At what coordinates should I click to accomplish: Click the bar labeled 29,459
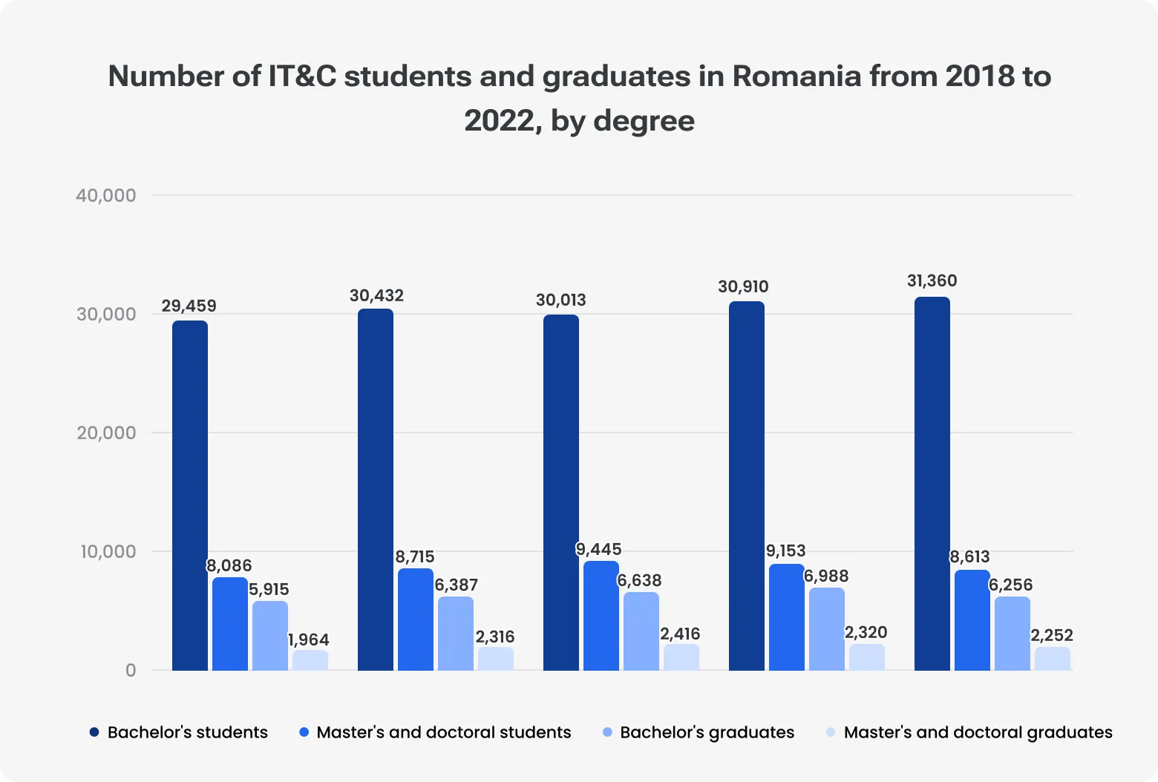(x=190, y=496)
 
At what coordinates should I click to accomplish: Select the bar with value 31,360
(x=932, y=484)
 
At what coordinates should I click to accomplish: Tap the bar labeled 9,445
(x=601, y=616)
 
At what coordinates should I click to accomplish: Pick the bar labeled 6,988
(x=827, y=629)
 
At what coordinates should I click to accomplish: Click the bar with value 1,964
(x=310, y=660)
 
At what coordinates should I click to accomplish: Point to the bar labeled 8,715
(x=416, y=620)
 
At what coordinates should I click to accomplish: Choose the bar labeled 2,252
(x=1053, y=659)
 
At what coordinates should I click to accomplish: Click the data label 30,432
(x=376, y=295)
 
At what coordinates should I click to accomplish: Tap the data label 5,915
(x=269, y=589)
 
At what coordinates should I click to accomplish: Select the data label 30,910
(x=743, y=286)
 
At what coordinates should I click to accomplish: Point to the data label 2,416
(x=680, y=634)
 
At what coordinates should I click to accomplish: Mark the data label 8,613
(x=969, y=556)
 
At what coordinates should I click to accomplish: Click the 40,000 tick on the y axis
(x=106, y=195)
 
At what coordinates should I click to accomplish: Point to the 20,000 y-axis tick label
(x=106, y=433)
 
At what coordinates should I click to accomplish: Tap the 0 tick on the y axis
(x=131, y=670)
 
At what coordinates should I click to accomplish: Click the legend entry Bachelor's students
(x=187, y=732)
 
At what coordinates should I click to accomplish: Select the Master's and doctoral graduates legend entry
(x=978, y=732)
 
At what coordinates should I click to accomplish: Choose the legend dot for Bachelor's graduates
(x=607, y=732)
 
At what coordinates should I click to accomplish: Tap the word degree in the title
(x=644, y=120)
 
